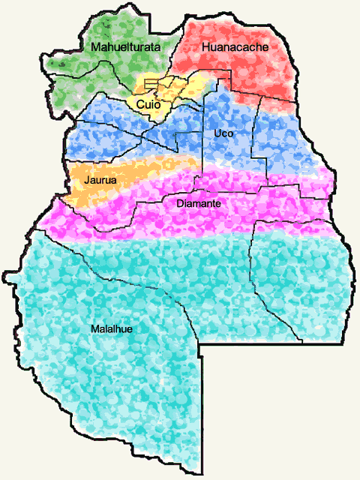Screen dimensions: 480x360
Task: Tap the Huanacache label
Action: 235,47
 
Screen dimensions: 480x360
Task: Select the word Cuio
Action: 148,105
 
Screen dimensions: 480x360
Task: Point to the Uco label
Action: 223,133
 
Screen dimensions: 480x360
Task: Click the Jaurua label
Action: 100,180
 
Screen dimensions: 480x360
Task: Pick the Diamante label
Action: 198,202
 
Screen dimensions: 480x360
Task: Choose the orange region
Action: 127,176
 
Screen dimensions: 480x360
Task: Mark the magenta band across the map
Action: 262,202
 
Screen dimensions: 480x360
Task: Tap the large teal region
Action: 150,375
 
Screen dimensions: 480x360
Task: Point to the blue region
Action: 277,135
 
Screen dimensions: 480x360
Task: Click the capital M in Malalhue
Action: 94,328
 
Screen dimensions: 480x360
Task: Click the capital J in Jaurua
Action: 88,180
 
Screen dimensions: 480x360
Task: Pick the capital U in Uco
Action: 217,133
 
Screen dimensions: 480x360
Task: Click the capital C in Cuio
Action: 139,105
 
